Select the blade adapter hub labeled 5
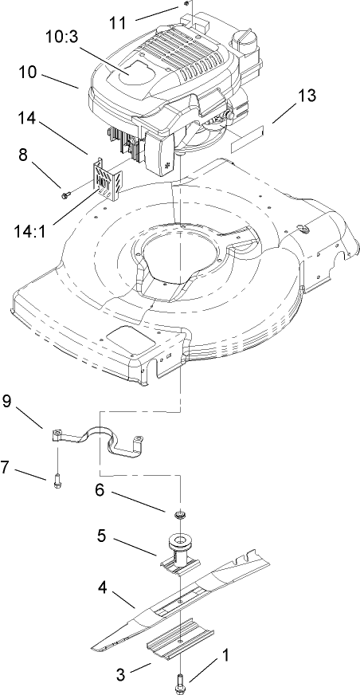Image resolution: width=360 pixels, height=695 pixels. coord(180,552)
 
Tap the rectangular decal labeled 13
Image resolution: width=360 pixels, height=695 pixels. coord(244,144)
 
